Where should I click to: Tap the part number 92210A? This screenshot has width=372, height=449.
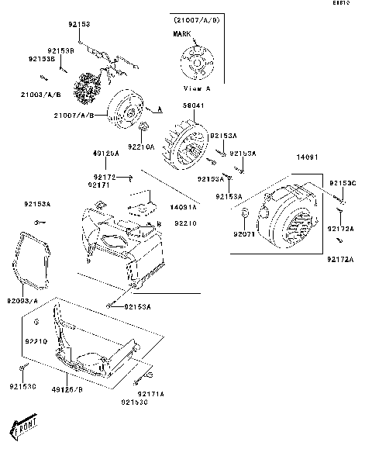pos(140,146)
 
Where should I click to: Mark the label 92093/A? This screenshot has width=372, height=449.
pos(28,299)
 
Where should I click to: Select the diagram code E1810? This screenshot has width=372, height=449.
pos(360,4)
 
